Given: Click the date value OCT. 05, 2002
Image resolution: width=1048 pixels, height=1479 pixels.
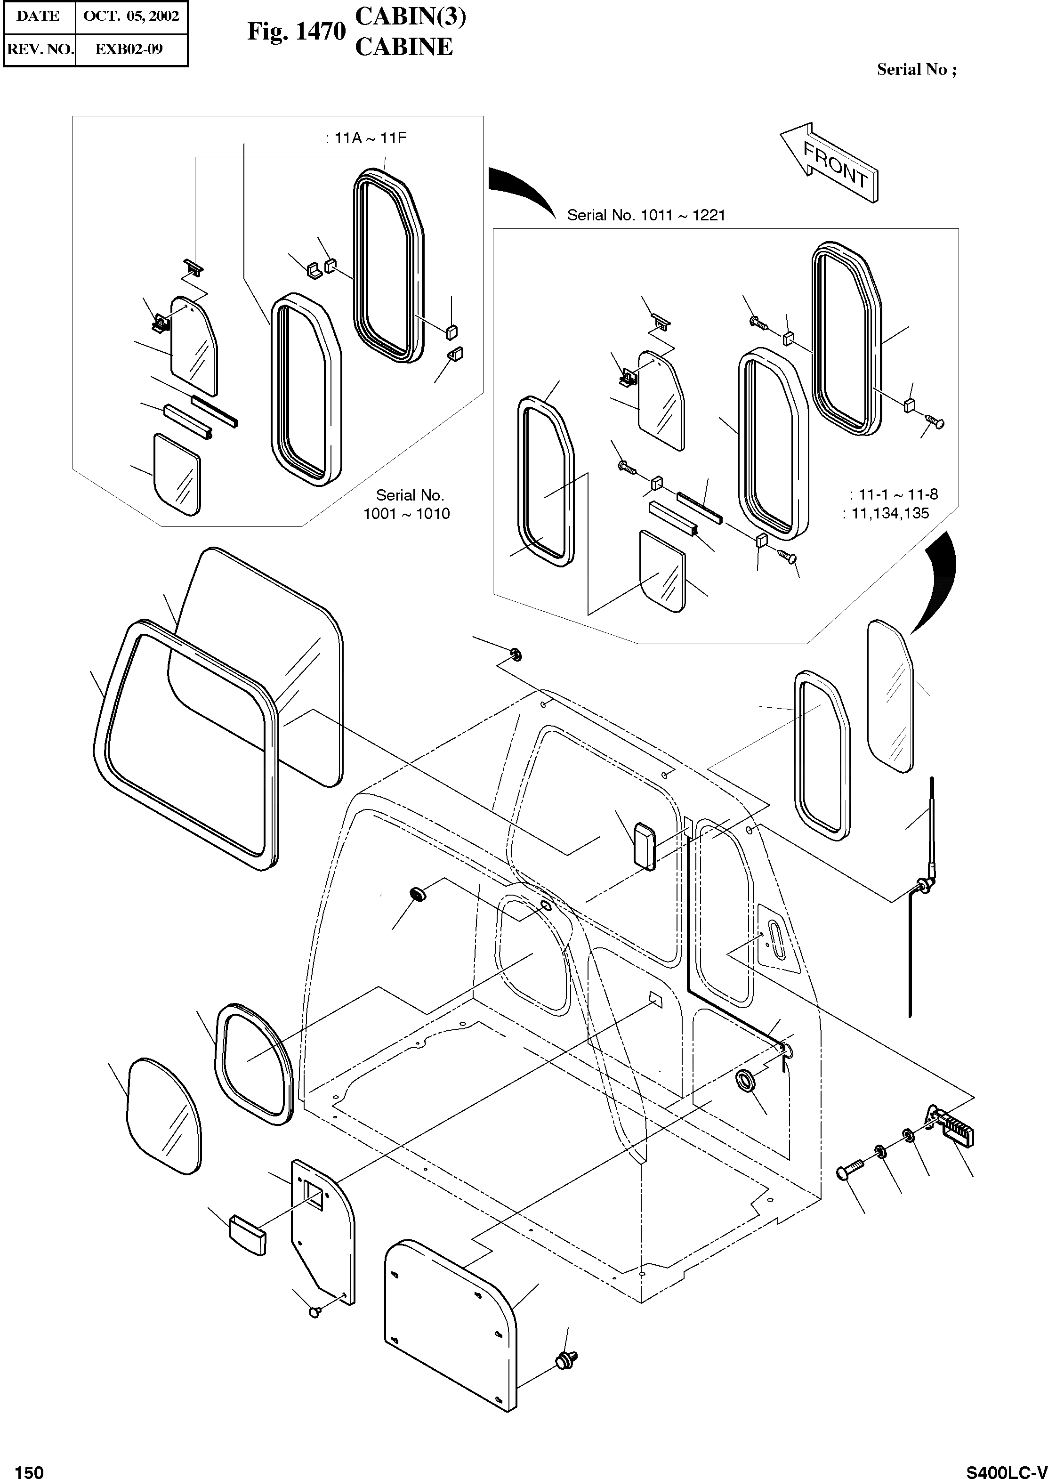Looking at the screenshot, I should pos(131,16).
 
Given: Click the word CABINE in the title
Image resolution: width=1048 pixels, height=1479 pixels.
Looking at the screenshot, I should pos(404,47).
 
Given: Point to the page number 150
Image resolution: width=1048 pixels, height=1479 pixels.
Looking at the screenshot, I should pos(29,1467).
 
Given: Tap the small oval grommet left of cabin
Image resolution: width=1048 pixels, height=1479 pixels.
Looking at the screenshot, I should pos(419,895).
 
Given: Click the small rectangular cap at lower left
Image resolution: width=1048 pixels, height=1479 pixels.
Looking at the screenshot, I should pos(247,1236).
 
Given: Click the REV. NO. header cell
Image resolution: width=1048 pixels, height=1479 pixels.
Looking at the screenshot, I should pos(40,49).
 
